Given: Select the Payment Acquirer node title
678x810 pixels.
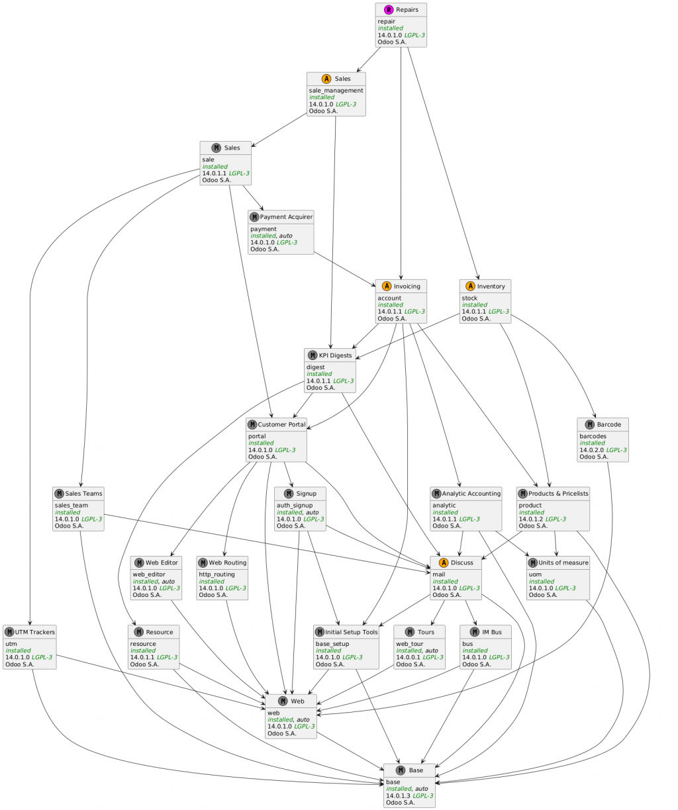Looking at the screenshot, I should [286, 217].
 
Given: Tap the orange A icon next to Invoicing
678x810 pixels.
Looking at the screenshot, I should [386, 286].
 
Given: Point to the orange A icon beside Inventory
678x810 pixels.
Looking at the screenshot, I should [470, 286].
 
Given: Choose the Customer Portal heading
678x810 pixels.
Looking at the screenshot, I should [281, 424].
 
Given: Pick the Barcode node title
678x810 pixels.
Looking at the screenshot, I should [608, 424].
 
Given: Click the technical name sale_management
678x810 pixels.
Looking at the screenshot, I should [336, 91].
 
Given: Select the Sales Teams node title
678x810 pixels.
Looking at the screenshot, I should [83, 493].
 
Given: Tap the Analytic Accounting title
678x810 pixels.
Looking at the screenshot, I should [471, 493].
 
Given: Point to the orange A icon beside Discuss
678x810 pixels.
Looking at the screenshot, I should [442, 562].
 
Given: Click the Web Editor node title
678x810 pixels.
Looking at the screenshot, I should [162, 562].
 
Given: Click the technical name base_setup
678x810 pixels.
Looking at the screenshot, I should [332, 643].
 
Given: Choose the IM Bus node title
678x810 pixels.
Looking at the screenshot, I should [491, 631].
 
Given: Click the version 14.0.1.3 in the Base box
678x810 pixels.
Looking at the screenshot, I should [398, 795].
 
